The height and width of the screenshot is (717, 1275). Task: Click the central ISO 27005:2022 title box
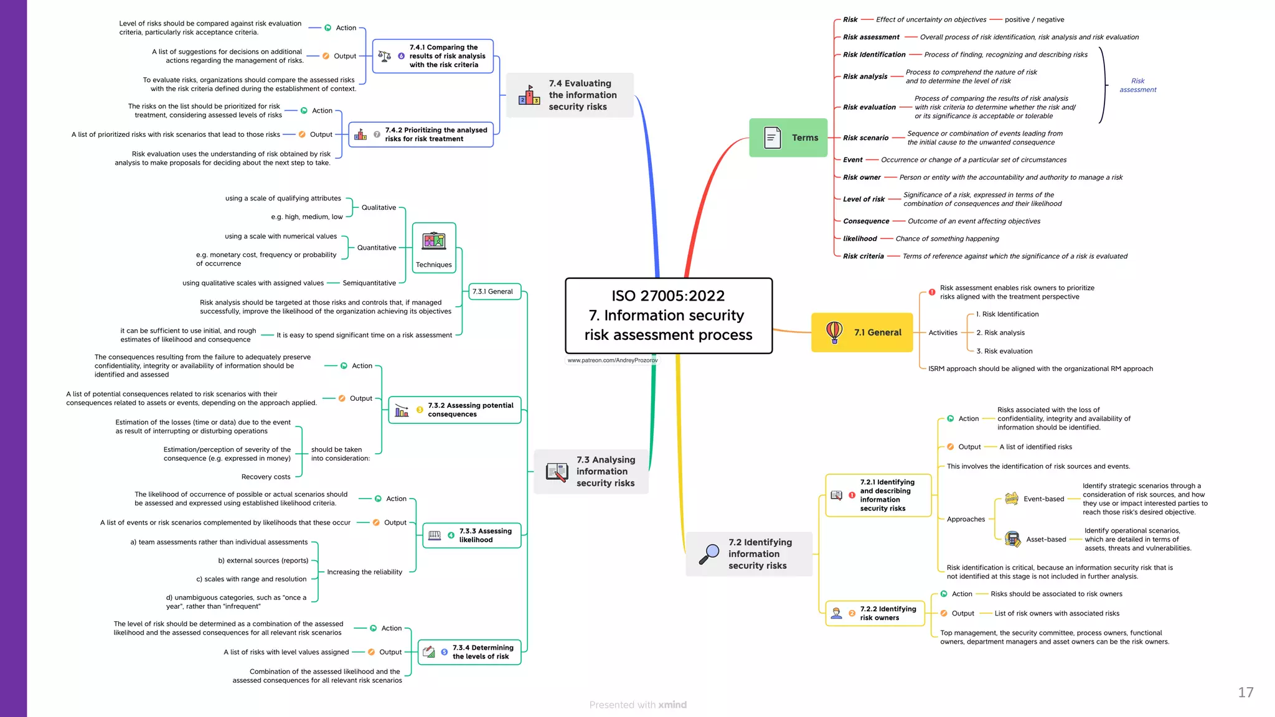pos(669,316)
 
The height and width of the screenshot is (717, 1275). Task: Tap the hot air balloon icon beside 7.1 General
pos(834,332)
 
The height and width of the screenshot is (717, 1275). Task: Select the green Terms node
pos(788,138)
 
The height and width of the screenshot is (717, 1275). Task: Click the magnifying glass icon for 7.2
pos(709,554)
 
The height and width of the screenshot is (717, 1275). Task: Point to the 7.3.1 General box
pos(493,291)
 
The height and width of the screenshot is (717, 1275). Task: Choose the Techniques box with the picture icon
pos(434,248)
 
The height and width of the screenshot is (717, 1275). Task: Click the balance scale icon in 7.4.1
pos(385,56)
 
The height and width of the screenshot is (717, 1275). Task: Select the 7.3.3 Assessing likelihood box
pos(472,535)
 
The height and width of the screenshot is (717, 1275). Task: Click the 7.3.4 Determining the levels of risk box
pos(469,652)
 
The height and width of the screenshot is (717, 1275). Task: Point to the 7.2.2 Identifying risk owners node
pos(875,613)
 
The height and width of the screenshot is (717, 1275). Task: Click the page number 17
pos(1245,692)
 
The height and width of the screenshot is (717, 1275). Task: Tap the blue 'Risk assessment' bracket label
pos(1137,85)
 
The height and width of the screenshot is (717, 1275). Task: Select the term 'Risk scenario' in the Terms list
pos(865,138)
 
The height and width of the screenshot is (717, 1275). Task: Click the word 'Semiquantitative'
pos(369,283)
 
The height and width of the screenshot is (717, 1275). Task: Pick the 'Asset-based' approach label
pos(1046,539)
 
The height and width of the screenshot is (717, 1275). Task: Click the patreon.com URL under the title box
pos(612,360)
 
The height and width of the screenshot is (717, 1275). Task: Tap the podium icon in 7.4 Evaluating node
pos(529,95)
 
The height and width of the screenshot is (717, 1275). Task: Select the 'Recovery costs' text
pos(266,477)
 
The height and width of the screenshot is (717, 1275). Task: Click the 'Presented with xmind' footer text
pos(637,705)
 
